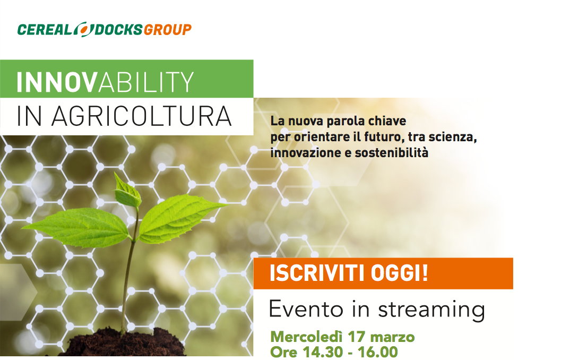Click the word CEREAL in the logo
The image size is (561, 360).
(45, 30)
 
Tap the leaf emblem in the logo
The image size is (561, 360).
(84, 29)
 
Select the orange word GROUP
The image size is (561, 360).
(167, 30)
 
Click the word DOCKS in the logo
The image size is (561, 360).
(118, 30)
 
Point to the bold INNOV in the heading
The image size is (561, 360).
(57, 82)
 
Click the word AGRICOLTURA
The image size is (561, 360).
(142, 116)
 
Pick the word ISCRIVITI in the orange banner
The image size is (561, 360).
(318, 273)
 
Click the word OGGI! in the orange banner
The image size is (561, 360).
(399, 273)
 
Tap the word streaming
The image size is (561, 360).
(431, 310)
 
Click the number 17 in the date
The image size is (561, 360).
(356, 337)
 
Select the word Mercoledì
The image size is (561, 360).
(307, 337)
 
